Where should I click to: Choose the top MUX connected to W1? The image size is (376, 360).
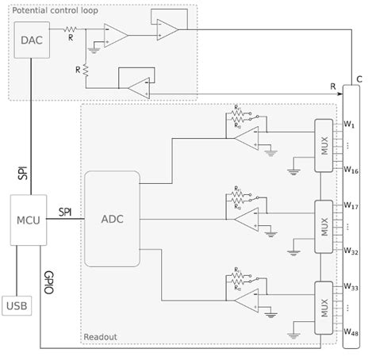(323, 145)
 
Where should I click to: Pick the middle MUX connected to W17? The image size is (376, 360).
(323, 226)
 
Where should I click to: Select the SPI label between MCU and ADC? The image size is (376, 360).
(67, 212)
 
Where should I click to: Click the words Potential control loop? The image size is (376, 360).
(50, 8)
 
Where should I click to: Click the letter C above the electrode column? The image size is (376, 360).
(359, 79)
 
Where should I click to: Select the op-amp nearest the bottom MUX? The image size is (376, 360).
(246, 298)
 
